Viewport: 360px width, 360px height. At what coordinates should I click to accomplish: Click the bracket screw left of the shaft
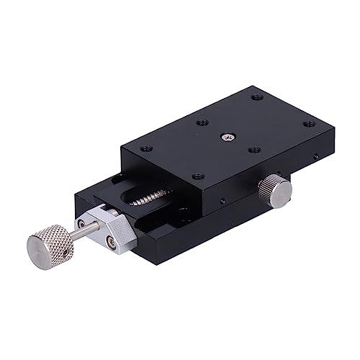(x=93, y=215)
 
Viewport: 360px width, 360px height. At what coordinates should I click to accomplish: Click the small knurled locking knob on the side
(x=275, y=189)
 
